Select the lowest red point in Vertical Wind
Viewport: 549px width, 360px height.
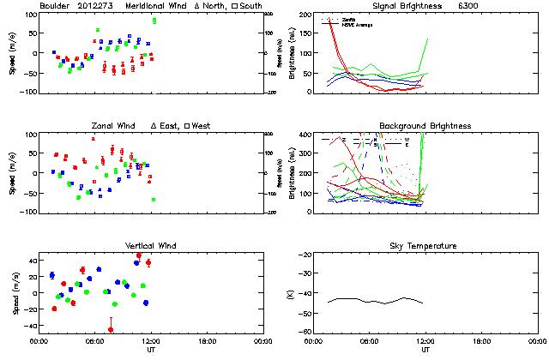click(x=111, y=329)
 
